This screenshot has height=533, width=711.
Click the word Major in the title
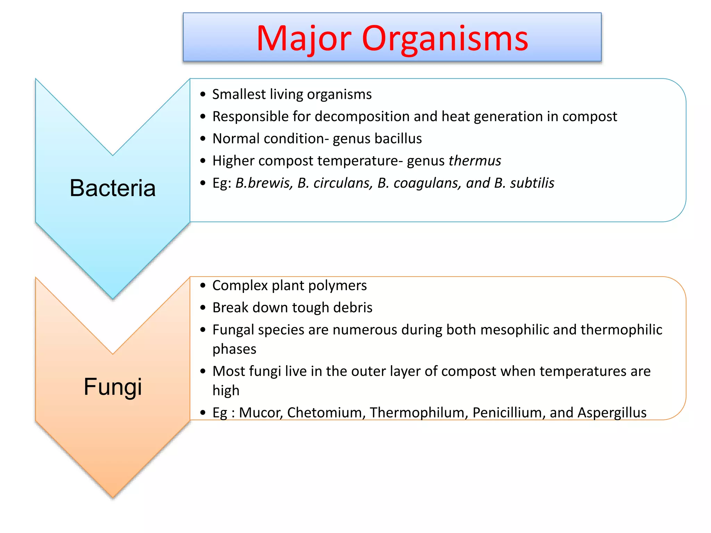click(x=304, y=39)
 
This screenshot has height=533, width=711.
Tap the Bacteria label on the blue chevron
click(x=112, y=188)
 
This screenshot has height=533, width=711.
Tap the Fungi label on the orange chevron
click(x=112, y=387)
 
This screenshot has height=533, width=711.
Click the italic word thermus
click(x=475, y=161)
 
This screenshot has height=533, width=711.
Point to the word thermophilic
click(x=621, y=330)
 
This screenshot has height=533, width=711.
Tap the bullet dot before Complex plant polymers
click(x=203, y=286)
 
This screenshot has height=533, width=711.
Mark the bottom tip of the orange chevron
click(x=112, y=497)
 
